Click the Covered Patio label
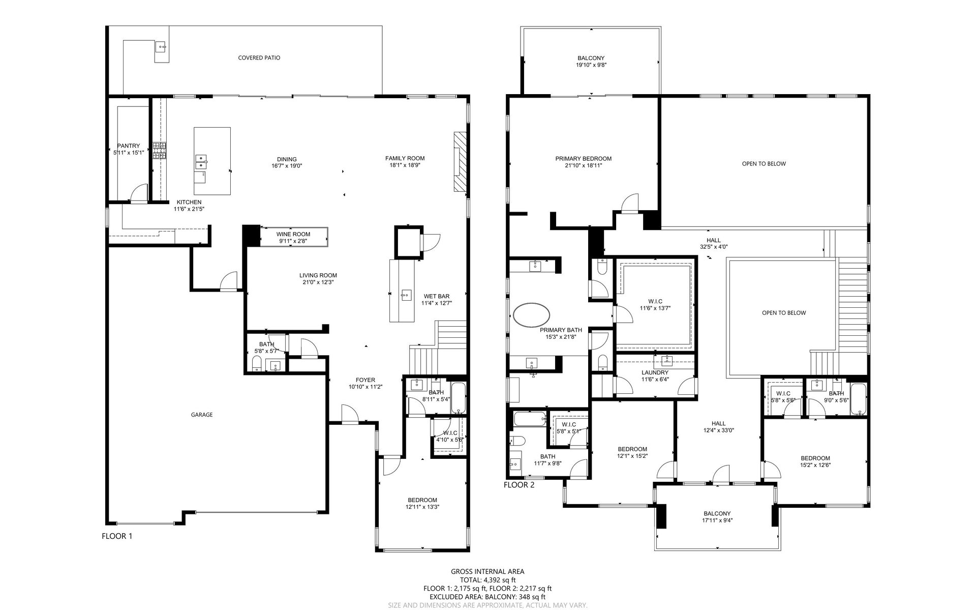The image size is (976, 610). click(259, 58)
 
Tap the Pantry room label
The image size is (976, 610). click(128, 146)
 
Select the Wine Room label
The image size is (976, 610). click(293, 235)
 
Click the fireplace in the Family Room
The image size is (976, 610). click(460, 162)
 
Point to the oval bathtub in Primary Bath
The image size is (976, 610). click(531, 315)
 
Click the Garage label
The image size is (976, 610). click(202, 415)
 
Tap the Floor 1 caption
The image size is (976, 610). click(117, 536)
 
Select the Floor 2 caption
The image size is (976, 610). click(519, 485)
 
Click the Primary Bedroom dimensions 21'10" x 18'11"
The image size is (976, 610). click(583, 165)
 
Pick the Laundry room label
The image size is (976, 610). click(655, 373)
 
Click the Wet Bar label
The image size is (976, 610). click(437, 296)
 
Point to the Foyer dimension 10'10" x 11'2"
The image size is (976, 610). click(365, 387)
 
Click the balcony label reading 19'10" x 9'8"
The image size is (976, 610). click(591, 65)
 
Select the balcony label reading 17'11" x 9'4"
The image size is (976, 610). click(717, 520)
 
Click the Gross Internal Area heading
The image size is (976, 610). click(487, 572)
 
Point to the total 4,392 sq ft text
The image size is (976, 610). click(487, 580)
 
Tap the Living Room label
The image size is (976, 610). click(318, 276)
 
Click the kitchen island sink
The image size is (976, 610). click(201, 162)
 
